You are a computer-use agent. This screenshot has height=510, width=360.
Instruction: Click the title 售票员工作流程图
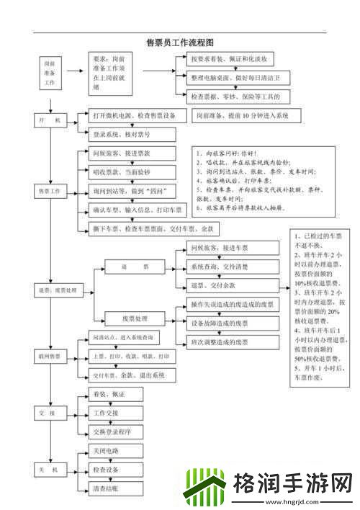tap(181, 43)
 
